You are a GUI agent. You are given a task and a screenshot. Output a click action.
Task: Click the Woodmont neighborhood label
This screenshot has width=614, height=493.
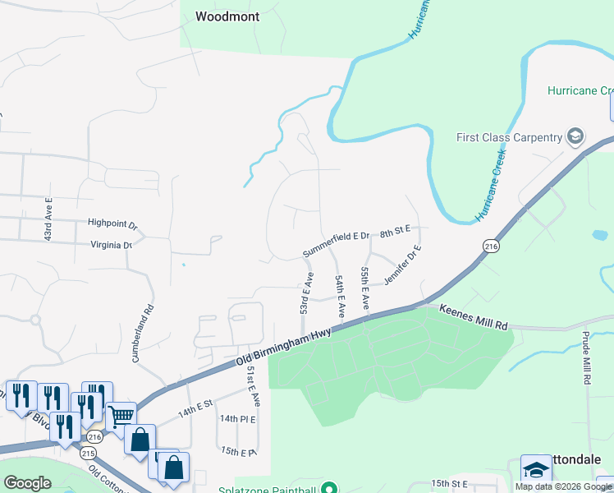(227, 16)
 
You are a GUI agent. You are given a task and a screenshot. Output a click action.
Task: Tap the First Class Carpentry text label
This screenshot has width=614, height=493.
(509, 137)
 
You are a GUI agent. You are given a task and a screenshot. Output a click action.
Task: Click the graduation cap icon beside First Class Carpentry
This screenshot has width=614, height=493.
(575, 136)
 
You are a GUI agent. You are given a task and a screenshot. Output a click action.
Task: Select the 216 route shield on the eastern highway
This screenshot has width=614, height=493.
(491, 246)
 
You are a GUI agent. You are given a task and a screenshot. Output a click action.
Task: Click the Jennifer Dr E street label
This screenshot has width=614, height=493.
(402, 264)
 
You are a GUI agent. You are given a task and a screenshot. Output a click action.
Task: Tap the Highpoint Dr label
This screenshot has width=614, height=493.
(112, 223)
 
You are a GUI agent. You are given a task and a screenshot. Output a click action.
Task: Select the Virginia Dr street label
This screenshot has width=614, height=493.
(111, 245)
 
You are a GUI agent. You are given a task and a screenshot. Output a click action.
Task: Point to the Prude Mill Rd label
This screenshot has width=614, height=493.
(587, 358)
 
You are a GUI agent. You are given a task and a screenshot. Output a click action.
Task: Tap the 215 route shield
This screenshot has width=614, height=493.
(88, 454)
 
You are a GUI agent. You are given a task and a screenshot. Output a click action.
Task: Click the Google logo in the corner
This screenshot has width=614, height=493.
(27, 483)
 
